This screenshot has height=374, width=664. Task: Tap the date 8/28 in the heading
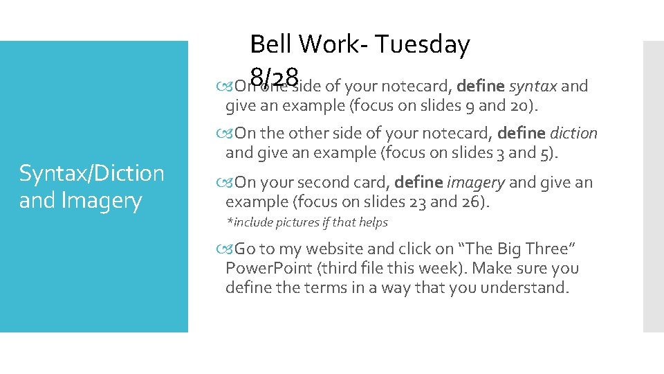click(x=275, y=75)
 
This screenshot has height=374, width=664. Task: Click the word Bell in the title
click(x=271, y=45)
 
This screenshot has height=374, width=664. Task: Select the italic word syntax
click(x=533, y=87)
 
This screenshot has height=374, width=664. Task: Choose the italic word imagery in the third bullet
click(x=476, y=183)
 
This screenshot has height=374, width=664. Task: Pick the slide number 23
click(x=432, y=202)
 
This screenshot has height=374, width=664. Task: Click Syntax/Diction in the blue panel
click(x=91, y=173)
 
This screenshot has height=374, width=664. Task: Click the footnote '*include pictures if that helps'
click(x=307, y=222)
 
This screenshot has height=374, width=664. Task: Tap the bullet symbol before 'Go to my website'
click(x=230, y=249)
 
